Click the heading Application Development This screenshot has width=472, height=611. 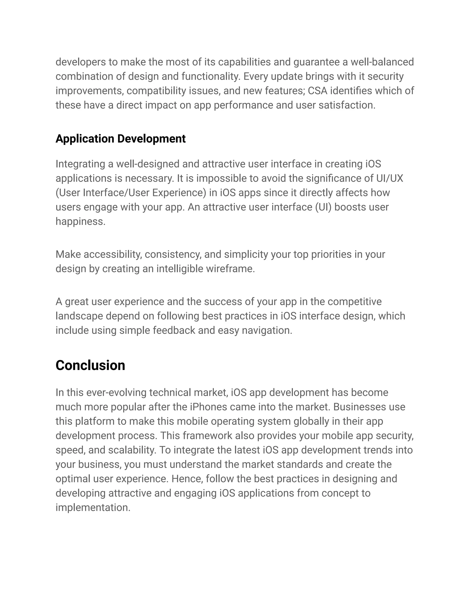pyautogui.click(x=121, y=139)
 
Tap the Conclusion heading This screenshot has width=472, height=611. pyautogui.click(x=90, y=365)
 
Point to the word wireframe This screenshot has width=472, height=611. pyautogui.click(x=230, y=269)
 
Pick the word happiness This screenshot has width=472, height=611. pyautogui.click(x=80, y=221)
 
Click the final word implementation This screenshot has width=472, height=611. pyautogui.click(x=93, y=507)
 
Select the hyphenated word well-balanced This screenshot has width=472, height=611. pyautogui.click(x=382, y=62)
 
